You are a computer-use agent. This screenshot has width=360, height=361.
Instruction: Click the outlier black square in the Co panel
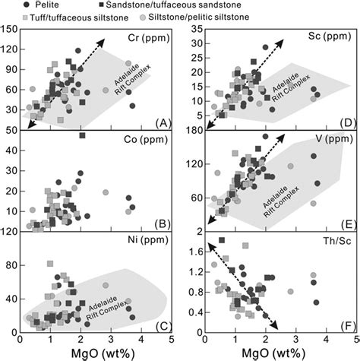(82, 136)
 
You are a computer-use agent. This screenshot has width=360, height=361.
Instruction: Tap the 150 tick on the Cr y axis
(11, 30)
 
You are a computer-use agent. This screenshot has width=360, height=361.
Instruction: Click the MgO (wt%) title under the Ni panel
(94, 353)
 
